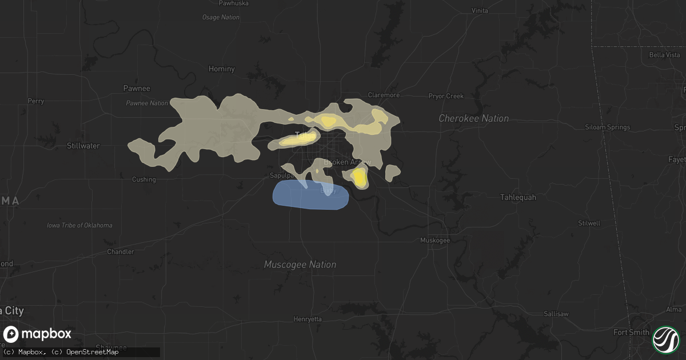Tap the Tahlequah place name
tap(518, 197)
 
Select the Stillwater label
tap(83, 146)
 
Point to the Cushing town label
tap(143, 179)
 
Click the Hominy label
tap(221, 69)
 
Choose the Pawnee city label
tap(137, 88)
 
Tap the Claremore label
tap(384, 95)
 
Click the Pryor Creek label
tap(446, 96)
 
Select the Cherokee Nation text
tap(473, 118)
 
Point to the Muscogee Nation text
tap(300, 265)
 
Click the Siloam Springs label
tap(607, 127)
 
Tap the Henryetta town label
tap(308, 318)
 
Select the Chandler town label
tap(121, 251)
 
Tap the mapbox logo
tap(38, 334)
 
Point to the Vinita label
tap(479, 26)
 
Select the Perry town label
tap(35, 101)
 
